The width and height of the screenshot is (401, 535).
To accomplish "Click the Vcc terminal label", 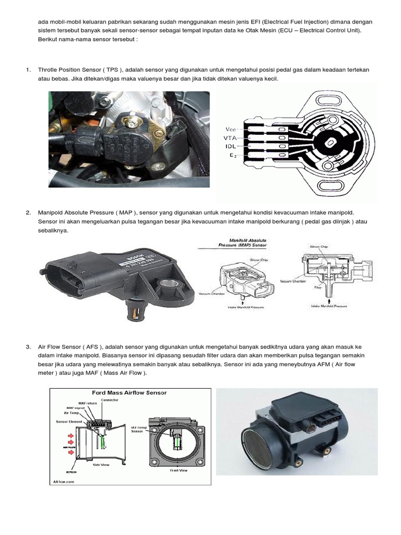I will click(230, 129).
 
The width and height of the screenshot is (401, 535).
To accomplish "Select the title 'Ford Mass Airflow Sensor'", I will click(129, 392).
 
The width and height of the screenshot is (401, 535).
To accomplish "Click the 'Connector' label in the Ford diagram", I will click(110, 400).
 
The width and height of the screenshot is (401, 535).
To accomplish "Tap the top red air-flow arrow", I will click(68, 433).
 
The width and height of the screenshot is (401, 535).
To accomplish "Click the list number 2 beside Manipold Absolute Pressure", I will click(28, 213).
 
